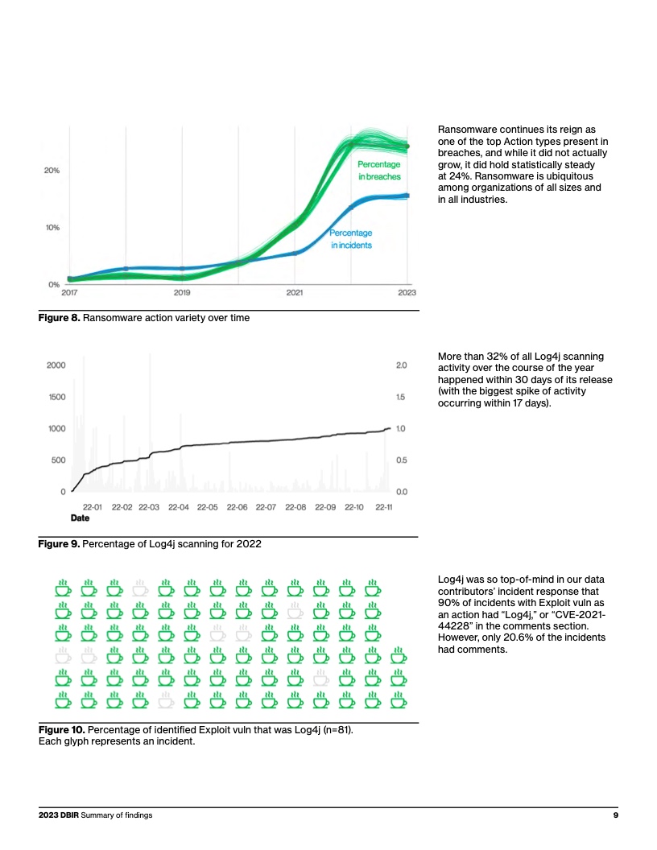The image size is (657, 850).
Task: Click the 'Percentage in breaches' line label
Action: point(378,171)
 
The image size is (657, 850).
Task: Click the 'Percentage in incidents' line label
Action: point(351,239)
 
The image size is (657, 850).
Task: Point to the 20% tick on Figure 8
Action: point(52,171)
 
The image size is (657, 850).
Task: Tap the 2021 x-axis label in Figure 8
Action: point(295,293)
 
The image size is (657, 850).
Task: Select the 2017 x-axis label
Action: point(69,293)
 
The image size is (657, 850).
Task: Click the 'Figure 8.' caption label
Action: point(60,318)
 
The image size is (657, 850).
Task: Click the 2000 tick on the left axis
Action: point(56,365)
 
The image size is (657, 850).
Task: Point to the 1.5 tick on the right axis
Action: point(401,397)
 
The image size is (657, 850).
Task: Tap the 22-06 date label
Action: point(237,507)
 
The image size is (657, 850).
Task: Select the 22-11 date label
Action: point(383,507)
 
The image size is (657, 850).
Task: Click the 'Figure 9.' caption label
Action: point(60,543)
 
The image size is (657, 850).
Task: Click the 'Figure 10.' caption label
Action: point(61,730)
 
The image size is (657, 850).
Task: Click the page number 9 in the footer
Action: point(614,815)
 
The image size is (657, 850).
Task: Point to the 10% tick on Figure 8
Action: point(52,228)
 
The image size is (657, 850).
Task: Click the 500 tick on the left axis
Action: point(58,460)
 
